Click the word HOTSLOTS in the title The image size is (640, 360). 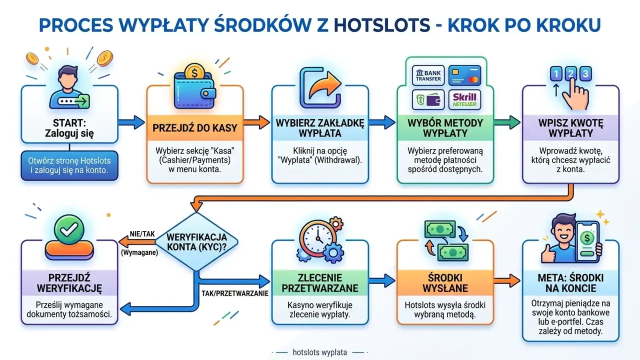(381, 25)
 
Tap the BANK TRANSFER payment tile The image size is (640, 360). (428, 75)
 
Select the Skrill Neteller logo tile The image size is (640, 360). (464, 99)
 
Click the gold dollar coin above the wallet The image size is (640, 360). (194, 72)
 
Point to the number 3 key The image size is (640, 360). (585, 73)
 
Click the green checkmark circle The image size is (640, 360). (69, 229)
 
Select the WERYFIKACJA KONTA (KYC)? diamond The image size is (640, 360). (196, 241)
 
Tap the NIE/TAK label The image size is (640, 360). (142, 234)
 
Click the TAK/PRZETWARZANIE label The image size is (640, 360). (235, 293)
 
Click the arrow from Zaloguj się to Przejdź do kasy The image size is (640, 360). (131, 122)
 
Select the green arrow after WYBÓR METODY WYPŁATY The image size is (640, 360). (506, 122)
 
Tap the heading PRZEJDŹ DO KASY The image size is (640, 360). (195, 128)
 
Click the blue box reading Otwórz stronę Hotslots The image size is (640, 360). (69, 165)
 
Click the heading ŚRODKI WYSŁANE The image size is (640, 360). (445, 283)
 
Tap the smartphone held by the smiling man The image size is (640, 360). (587, 242)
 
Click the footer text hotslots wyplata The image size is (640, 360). (319, 352)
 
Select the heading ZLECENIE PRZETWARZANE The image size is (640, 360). (319, 283)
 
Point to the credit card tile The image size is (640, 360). (464, 75)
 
